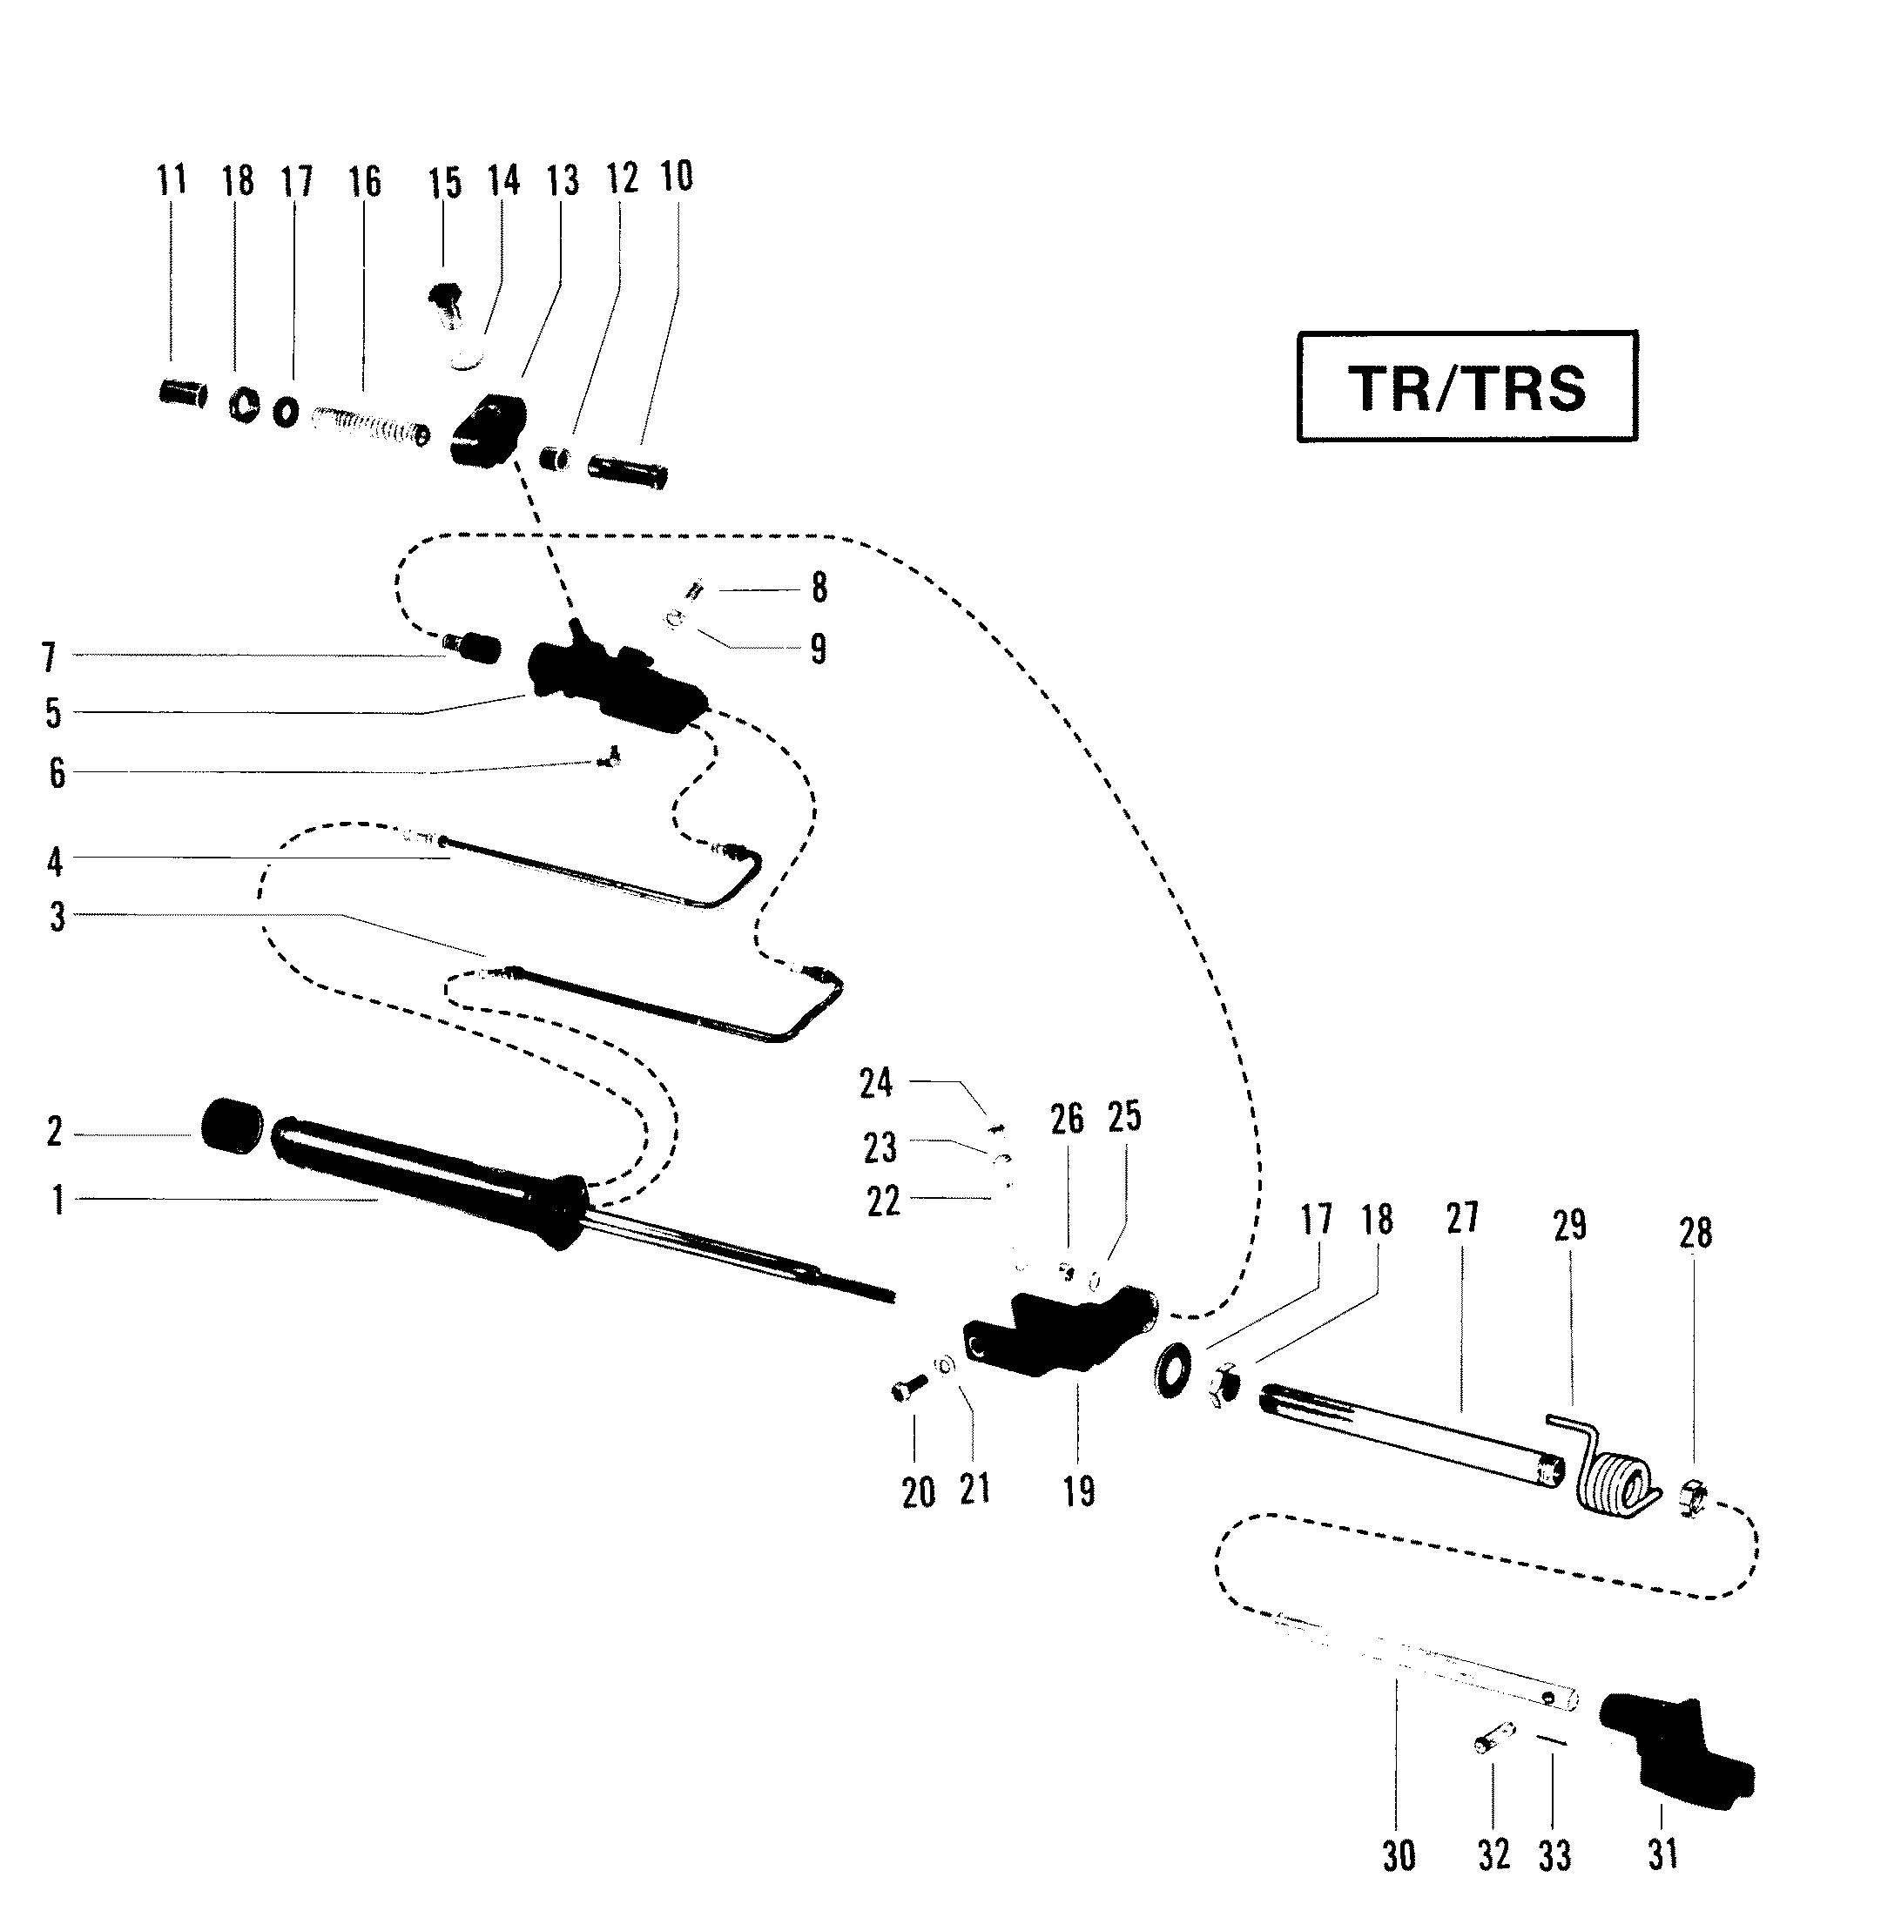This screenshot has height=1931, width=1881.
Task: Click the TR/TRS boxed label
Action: pyautogui.click(x=1467, y=387)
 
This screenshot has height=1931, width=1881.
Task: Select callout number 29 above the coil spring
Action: pyautogui.click(x=1569, y=1225)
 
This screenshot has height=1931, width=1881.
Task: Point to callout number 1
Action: pyautogui.click(x=58, y=1199)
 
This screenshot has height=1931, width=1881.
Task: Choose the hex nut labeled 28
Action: pyautogui.click(x=1696, y=1497)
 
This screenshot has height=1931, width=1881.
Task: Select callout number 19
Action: pyautogui.click(x=1079, y=1490)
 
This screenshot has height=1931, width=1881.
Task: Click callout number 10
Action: pyautogui.click(x=677, y=176)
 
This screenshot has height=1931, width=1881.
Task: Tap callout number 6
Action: pyautogui.click(x=57, y=772)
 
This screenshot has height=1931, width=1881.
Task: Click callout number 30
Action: pyautogui.click(x=1399, y=1856)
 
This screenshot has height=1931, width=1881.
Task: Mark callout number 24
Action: pyautogui.click(x=876, y=1084)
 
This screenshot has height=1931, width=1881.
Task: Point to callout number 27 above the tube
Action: pyautogui.click(x=1462, y=1219)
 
